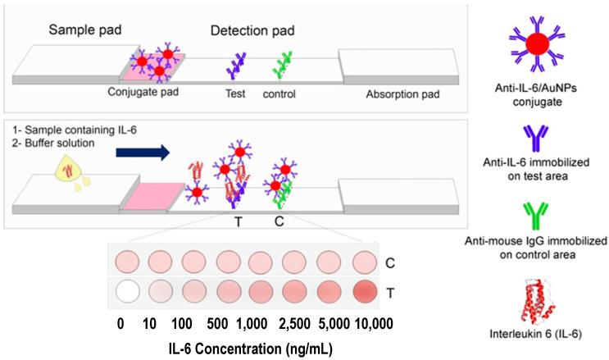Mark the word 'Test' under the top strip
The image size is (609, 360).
(236, 94)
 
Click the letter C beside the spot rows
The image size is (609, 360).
(390, 263)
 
